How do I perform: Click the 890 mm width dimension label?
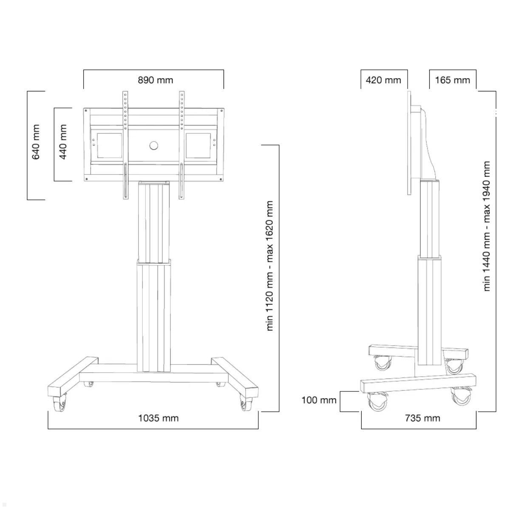pos(155,80)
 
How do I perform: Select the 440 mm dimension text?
pos(63,142)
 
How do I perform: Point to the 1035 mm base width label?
pos(158,418)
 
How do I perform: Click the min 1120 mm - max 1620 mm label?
pos(270,266)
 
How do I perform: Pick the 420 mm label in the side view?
pos(383,80)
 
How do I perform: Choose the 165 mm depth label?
pos(452,80)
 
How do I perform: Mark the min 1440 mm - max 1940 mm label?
pos(487,226)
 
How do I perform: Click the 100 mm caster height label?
pos(319,400)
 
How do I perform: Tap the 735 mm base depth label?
pos(422,418)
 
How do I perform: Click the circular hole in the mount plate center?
pos(153,146)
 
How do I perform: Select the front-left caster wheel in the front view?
pos(59,404)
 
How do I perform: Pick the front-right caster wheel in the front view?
pos(245,404)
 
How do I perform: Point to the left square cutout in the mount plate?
pos(110,146)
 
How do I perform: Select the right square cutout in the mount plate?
pos(198,146)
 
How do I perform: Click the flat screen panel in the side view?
pos(410,142)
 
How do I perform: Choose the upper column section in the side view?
pos(429,219)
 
